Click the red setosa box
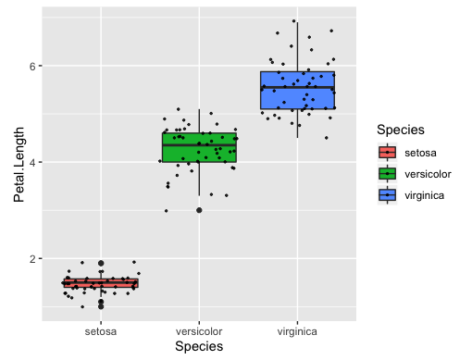click(100, 283)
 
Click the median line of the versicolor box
click(199, 144)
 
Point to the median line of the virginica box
click(297, 88)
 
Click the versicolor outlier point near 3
click(199, 210)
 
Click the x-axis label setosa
click(100, 330)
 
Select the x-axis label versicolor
click(199, 330)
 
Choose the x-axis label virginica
click(297, 330)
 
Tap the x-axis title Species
click(199, 346)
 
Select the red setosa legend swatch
click(388, 153)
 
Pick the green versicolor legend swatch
click(388, 173)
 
